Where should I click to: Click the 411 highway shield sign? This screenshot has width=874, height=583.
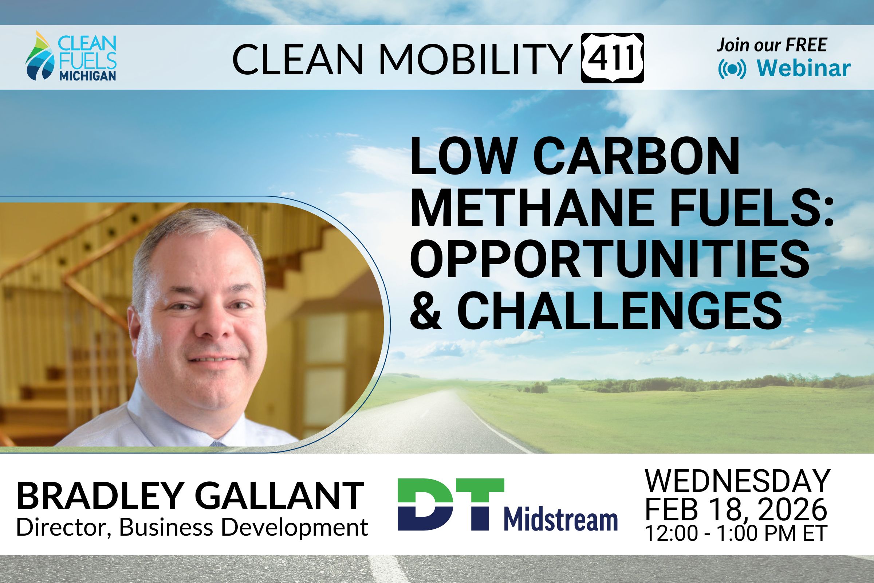(x=613, y=58)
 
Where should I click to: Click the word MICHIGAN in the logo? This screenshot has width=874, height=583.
(x=88, y=76)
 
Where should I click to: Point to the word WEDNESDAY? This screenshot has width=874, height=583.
(x=738, y=481)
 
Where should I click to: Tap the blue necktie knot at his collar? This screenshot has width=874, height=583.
(x=217, y=443)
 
